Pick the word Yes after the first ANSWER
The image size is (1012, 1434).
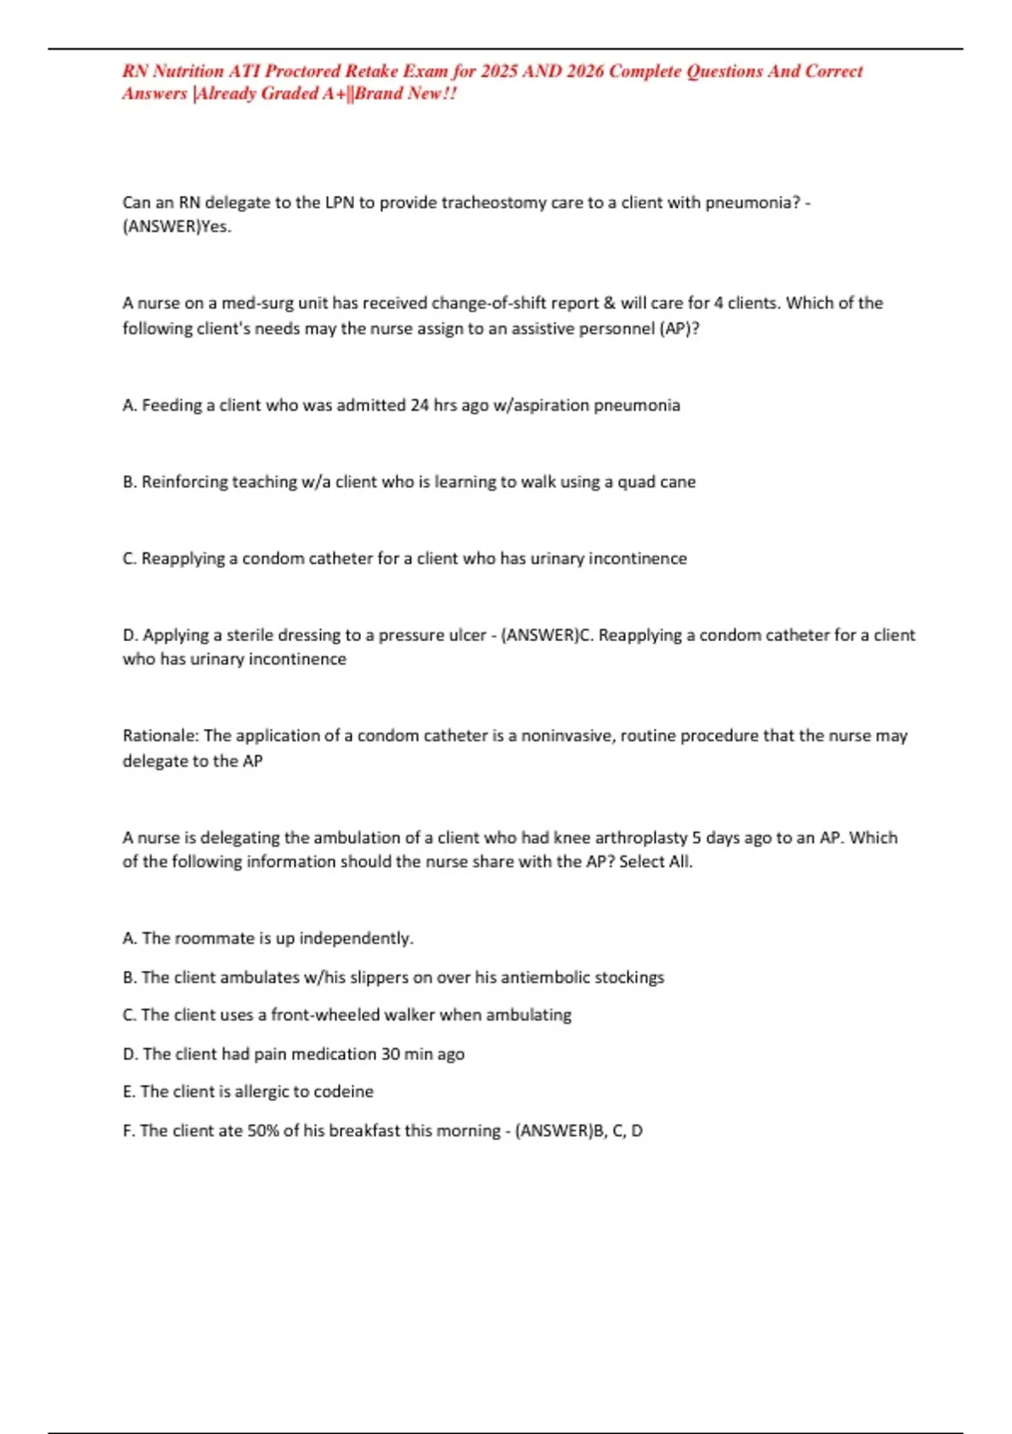pos(216,226)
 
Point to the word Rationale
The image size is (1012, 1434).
pos(161,736)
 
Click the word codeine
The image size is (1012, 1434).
pos(343,1092)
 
